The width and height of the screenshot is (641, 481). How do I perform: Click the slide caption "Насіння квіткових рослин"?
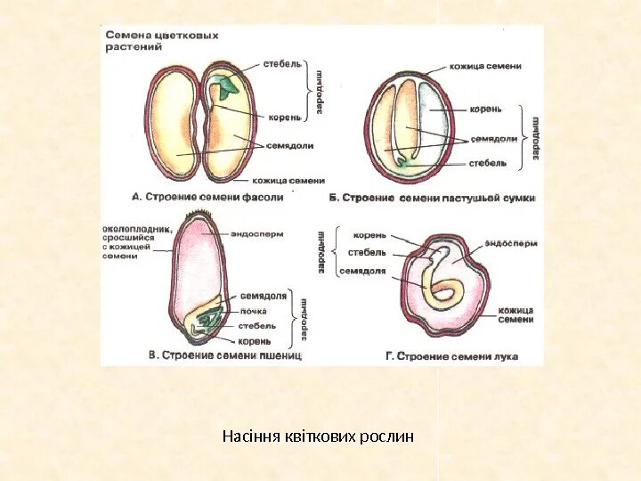318,436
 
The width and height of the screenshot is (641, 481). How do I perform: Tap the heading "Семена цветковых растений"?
162,42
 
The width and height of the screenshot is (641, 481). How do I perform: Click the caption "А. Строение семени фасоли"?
207,197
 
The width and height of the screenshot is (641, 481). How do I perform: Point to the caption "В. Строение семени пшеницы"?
225,355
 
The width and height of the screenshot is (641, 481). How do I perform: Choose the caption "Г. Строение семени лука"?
451,355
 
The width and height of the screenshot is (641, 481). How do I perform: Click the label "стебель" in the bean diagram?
282,64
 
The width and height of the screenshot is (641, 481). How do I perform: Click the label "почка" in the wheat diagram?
253,311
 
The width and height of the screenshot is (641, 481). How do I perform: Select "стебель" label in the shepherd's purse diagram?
489,164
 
